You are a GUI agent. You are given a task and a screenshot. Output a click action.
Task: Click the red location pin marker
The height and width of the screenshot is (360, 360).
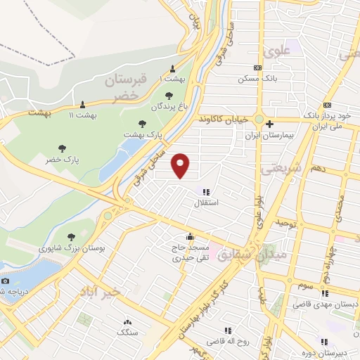[181, 166]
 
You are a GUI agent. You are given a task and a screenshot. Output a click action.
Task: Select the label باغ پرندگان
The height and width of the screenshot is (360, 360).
[169, 107]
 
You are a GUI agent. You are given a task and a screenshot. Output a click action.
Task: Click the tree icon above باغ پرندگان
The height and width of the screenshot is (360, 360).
[168, 95]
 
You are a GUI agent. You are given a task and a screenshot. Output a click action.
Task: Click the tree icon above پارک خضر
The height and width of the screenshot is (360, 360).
[63, 148]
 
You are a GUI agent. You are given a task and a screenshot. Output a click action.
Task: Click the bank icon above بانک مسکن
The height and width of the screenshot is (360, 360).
[257, 67]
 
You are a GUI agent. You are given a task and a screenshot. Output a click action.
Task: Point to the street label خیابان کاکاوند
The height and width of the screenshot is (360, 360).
[224, 120]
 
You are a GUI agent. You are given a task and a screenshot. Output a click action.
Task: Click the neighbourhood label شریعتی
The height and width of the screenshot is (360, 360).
[281, 169]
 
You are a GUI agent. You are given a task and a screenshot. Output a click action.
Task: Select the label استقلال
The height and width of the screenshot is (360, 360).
[207, 202]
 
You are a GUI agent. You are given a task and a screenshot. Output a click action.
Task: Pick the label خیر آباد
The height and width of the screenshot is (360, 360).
[101, 290]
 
